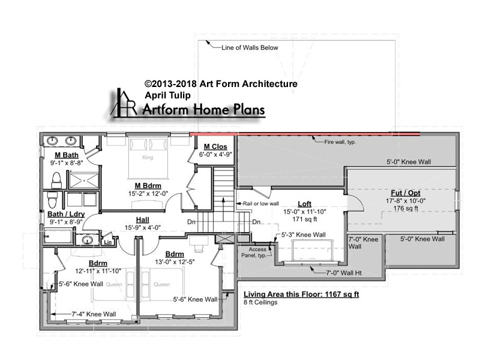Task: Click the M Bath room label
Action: pyautogui.click(x=67, y=155)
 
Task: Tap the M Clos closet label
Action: pyautogui.click(x=215, y=146)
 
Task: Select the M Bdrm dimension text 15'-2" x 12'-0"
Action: pyautogui.click(x=148, y=194)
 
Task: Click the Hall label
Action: pyautogui.click(x=143, y=220)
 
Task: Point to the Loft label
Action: pyautogui.click(x=304, y=204)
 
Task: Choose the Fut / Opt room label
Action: pyautogui.click(x=406, y=193)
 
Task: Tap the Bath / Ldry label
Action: pyautogui.click(x=66, y=214)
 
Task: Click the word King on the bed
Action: pyautogui.click(x=148, y=157)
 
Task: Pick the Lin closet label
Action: pyautogui.click(x=108, y=242)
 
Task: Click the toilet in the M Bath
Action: pyautogui.click(x=56, y=180)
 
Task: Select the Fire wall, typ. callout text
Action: pyautogui.click(x=340, y=142)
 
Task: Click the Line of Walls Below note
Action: pyautogui.click(x=250, y=47)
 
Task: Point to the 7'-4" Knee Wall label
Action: pyautogui.click(x=94, y=314)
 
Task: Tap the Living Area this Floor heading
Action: pyautogui.click(x=301, y=295)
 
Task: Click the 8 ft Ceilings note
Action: pyautogui.click(x=260, y=302)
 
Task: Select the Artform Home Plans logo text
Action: pyautogui.click(x=203, y=110)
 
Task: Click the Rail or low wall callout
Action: pyautogui.click(x=261, y=203)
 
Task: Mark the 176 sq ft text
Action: pyautogui.click(x=406, y=208)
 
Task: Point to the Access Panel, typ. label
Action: pyautogui.click(x=254, y=253)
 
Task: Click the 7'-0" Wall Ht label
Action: pyautogui.click(x=344, y=273)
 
